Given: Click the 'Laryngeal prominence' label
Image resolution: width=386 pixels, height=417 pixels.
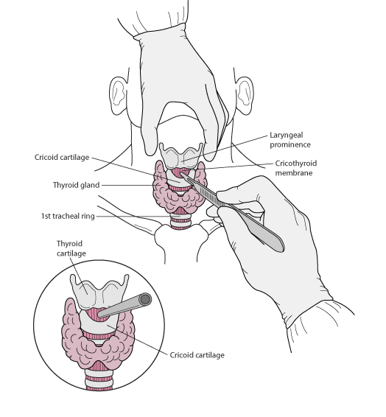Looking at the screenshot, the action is [290, 140].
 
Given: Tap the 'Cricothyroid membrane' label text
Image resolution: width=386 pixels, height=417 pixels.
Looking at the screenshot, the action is [296, 168].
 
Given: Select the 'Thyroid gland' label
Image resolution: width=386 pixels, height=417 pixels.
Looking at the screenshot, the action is [77, 185].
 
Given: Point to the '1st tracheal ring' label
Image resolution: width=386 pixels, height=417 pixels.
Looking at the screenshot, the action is [68, 216].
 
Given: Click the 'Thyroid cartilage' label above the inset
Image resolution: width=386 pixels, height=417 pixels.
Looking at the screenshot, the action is [71, 248].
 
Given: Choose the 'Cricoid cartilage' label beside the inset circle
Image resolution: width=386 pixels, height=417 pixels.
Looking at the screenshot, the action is [197, 355].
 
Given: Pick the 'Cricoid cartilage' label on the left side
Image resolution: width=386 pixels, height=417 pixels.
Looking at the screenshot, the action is [62, 157].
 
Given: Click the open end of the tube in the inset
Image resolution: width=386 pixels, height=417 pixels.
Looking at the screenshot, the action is [145, 300].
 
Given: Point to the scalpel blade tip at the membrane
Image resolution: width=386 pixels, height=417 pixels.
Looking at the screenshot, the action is [181, 174].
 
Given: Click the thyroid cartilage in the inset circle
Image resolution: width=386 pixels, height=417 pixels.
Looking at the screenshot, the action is [99, 292].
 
